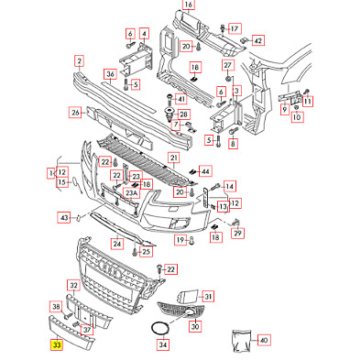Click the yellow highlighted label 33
[57, 344]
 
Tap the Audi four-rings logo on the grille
[111, 268]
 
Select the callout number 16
[189, 5]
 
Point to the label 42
[258, 40]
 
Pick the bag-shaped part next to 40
[241, 341]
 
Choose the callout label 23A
[131, 193]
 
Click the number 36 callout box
[110, 74]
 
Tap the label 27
[228, 65]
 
